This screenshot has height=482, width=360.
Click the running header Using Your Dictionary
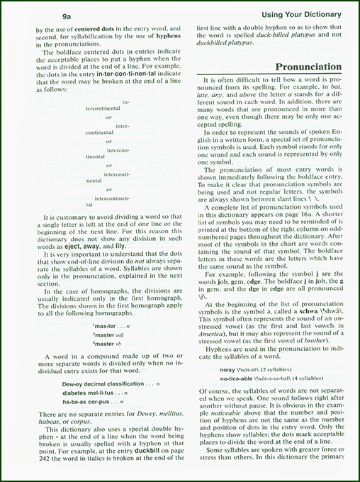pos(300,15)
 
